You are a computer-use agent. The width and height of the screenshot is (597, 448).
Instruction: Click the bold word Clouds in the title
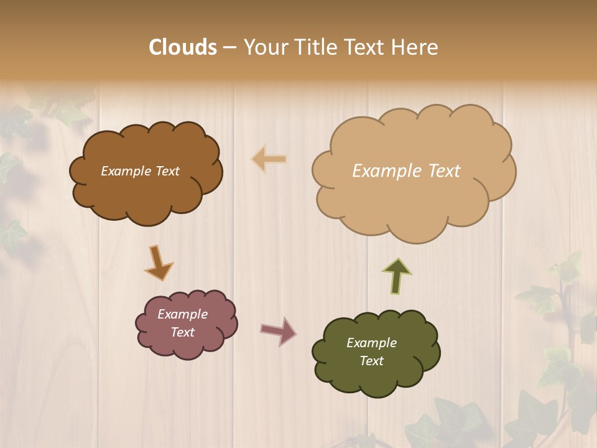[183, 47]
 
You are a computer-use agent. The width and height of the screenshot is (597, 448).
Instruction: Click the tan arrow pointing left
[269, 159]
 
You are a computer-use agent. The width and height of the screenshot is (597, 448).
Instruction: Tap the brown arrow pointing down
[158, 263]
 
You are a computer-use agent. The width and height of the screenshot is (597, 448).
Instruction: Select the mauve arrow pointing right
[279, 330]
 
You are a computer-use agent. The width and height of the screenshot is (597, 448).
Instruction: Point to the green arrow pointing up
[397, 275]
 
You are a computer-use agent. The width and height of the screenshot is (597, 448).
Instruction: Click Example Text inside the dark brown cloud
[140, 171]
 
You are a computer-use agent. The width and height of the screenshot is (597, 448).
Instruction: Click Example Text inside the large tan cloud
[406, 171]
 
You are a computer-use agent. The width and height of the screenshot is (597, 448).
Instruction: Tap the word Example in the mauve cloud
[182, 314]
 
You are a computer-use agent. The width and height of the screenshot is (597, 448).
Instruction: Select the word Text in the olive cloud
[371, 361]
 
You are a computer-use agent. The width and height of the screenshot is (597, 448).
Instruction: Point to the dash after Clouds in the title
[229, 48]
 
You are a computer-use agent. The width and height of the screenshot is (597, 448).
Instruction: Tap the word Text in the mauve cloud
[182, 332]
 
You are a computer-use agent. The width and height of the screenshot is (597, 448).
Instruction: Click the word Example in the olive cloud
[371, 343]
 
